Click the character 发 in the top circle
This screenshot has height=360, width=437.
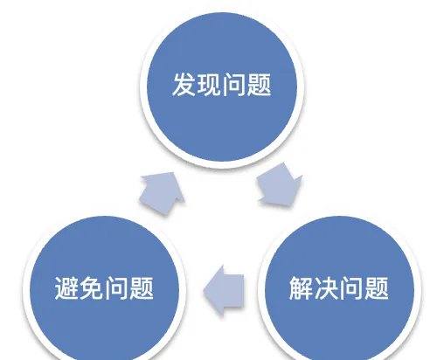pyautogui.click(x=184, y=85)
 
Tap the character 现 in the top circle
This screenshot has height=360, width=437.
pyautogui.click(x=209, y=85)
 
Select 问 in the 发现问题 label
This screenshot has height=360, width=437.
pyautogui.click(x=233, y=85)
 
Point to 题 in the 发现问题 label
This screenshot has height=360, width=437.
pyautogui.click(x=259, y=85)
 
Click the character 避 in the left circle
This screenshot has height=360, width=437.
pyautogui.click(x=66, y=287)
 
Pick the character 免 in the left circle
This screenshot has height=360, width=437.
pyautogui.click(x=91, y=287)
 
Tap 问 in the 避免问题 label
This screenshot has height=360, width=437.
pyautogui.click(x=116, y=287)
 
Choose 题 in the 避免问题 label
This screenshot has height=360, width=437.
pyautogui.click(x=142, y=287)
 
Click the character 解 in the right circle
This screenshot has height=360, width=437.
pyautogui.click(x=301, y=287)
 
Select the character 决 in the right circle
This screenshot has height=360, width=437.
pyautogui.click(x=326, y=287)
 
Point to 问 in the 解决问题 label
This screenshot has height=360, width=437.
pyautogui.click(x=351, y=287)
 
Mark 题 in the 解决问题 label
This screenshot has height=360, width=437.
pyautogui.click(x=377, y=287)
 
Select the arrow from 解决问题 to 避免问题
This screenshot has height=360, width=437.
pyautogui.click(x=224, y=291)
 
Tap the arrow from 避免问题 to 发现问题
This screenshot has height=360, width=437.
pyautogui.click(x=162, y=192)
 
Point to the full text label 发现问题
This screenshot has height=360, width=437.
pyautogui.click(x=222, y=85)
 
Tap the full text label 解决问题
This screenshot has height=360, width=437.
pyautogui.click(x=339, y=287)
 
